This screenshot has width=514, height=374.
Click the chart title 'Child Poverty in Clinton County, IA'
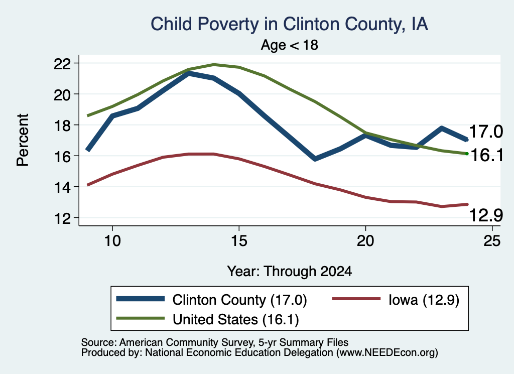pyautogui.click(x=289, y=24)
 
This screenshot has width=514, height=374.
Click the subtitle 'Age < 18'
pyautogui.click(x=290, y=45)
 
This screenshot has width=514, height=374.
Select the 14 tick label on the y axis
pyautogui.click(x=62, y=187)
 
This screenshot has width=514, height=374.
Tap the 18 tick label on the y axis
pyautogui.click(x=62, y=125)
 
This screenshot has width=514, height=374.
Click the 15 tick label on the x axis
pyautogui.click(x=239, y=241)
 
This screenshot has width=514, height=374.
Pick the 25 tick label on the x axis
pyautogui.click(x=492, y=241)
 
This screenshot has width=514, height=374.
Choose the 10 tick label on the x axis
pyautogui.click(x=112, y=241)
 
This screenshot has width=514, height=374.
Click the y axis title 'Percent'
pyautogui.click(x=23, y=140)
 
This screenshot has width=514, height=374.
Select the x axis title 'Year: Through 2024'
pyautogui.click(x=290, y=272)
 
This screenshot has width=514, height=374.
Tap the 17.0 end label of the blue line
pyautogui.click(x=486, y=132)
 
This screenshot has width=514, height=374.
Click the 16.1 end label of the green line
pyautogui.click(x=487, y=155)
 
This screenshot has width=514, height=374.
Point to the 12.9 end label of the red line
pyautogui.click(x=486, y=215)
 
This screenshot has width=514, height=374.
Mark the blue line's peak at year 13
pyautogui.click(x=189, y=73)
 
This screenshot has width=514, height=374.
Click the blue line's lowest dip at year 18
pyautogui.click(x=315, y=159)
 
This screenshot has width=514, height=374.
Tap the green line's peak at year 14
pyautogui.click(x=214, y=65)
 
